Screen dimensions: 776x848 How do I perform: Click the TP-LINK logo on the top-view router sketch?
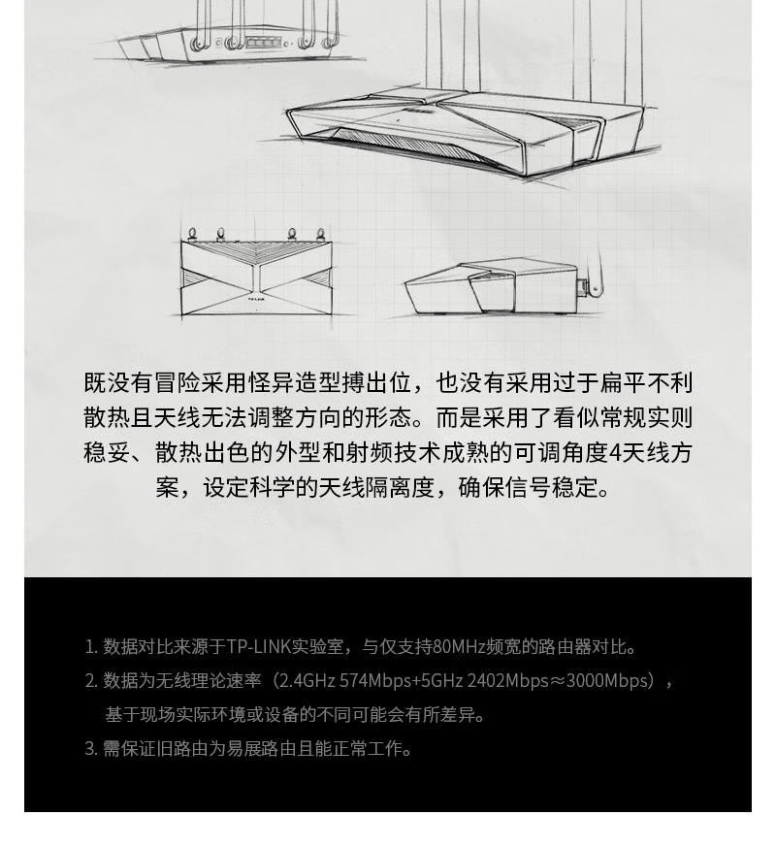pyautogui.click(x=256, y=298)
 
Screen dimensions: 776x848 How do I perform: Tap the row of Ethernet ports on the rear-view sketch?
pyautogui.click(x=263, y=42)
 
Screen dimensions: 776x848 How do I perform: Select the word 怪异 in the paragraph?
pyautogui.click(x=271, y=382)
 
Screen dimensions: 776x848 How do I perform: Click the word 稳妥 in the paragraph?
pyautogui.click(x=107, y=453)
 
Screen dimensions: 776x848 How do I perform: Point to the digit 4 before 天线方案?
pyautogui.click(x=615, y=453)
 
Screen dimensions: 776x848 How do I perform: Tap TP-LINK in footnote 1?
pyautogui.click(x=258, y=647)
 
